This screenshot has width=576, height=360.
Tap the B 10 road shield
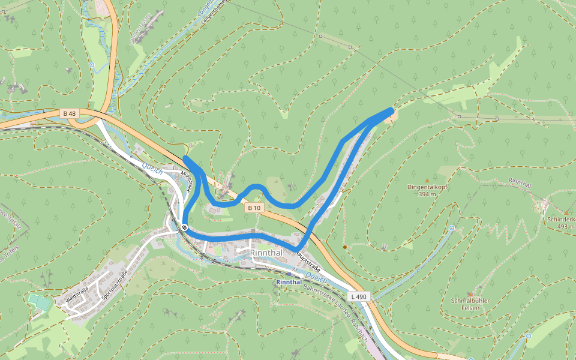pos(254,208)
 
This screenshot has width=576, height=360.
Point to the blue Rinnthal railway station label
pos(289,281)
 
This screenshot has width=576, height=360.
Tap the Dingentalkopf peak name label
pos(427,187)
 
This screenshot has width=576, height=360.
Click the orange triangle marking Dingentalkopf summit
pos(427,179)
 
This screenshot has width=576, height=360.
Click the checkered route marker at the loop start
pos(184,227)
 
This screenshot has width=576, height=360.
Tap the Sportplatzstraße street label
pos(115,284)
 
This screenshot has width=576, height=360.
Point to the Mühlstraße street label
pos(187,181)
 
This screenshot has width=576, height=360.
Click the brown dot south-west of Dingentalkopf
pos(344,247)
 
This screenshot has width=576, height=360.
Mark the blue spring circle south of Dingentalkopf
pos(451,228)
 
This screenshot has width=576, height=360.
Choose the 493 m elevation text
pos(565,227)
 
